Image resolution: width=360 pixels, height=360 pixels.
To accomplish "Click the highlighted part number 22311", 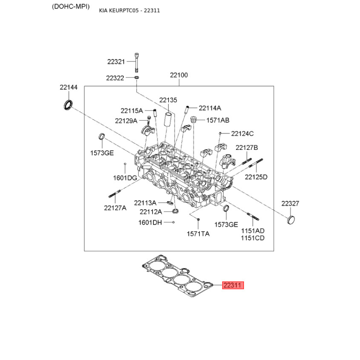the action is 233,285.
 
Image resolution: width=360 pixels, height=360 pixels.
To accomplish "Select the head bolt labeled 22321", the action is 137,63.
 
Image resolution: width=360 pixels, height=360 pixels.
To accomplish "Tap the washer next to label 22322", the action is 136,77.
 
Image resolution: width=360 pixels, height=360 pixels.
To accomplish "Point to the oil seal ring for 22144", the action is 68,105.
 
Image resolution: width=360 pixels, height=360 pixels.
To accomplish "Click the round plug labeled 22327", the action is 291,220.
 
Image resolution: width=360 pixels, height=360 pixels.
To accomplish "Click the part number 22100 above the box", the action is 179,75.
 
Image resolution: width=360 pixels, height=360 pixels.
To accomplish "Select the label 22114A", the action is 210,108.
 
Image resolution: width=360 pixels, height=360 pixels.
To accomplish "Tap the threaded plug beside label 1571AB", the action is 194,119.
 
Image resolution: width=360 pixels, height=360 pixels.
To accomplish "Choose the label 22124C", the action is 242,134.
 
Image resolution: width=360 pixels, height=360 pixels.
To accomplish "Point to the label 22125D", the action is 256,177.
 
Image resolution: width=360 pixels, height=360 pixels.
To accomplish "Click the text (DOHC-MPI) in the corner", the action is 71,7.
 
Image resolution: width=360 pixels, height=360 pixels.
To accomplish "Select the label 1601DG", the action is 125,178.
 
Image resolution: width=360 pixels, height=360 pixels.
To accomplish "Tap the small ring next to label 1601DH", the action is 174,222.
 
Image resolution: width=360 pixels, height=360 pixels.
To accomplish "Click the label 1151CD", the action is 252,238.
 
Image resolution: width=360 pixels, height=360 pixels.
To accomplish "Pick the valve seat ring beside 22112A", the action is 175,211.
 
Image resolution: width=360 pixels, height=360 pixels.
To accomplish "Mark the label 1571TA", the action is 198,234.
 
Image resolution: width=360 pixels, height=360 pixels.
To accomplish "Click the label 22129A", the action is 126,121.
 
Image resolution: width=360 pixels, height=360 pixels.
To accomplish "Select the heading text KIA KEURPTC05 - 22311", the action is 130,10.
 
